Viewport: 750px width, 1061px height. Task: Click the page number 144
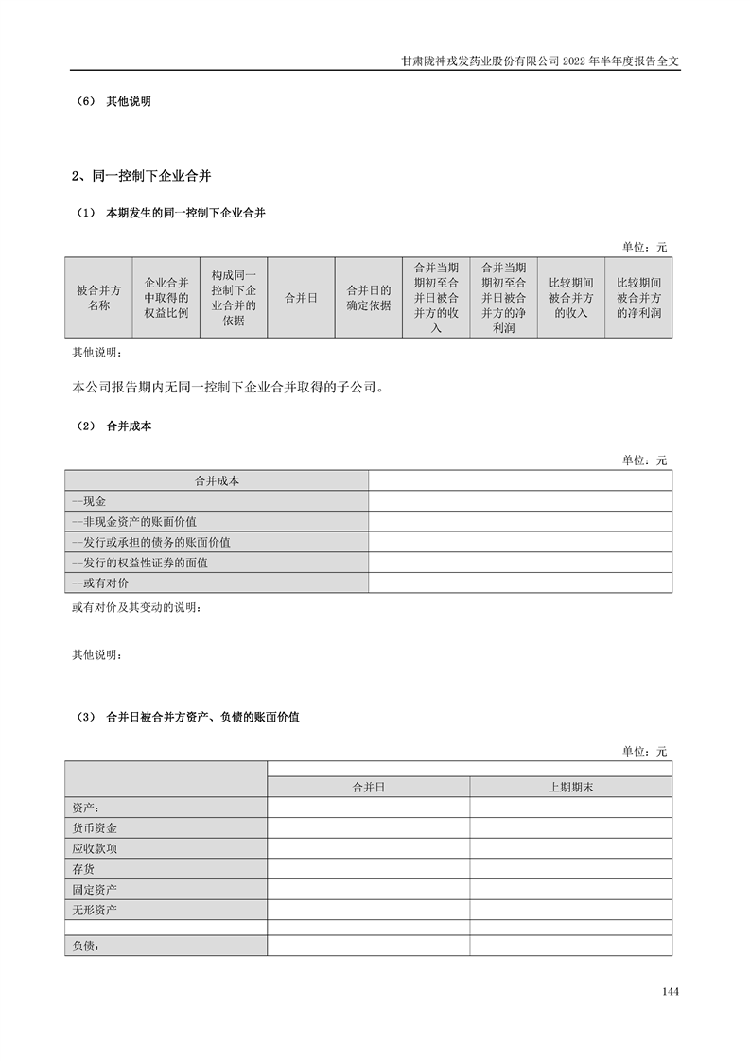tap(671, 992)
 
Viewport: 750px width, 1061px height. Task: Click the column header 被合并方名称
tap(98, 298)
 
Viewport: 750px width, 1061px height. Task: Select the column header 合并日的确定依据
tap(369, 298)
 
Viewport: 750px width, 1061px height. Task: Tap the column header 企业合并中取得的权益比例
tap(166, 298)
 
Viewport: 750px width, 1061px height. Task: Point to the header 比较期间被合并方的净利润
tap(638, 298)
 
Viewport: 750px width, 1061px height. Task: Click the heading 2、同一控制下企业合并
tap(147, 176)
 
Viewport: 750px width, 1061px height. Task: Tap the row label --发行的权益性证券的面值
tap(139, 563)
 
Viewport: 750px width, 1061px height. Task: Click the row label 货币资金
tap(95, 827)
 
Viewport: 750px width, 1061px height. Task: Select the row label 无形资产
tap(95, 911)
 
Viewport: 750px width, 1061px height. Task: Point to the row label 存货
tap(83, 869)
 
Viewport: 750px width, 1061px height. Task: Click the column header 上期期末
tap(570, 787)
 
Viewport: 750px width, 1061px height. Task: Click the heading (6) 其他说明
tap(113, 101)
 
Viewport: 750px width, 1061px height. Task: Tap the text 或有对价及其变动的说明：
tap(136, 606)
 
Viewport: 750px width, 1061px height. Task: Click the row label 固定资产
tap(95, 890)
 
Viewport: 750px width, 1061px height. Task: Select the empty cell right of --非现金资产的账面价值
tap(520, 521)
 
